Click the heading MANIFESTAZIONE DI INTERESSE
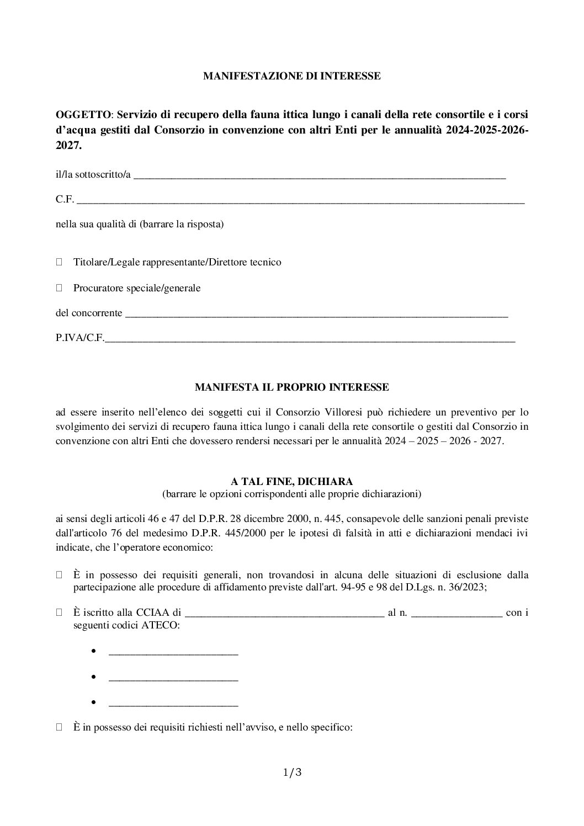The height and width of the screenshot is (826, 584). point(291,76)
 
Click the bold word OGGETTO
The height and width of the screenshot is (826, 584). point(83,115)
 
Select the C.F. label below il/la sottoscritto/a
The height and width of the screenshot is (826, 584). point(65,200)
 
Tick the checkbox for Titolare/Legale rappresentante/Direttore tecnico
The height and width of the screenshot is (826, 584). point(60,262)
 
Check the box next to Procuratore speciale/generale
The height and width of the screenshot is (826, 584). point(60,288)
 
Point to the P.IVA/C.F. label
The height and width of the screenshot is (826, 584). point(79,339)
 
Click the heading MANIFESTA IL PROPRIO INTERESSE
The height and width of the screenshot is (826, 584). point(291,387)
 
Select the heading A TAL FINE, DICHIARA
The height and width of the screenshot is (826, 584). point(291,482)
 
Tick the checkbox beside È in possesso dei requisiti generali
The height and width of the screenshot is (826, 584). point(60,575)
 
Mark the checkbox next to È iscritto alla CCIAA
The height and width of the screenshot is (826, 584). point(60,612)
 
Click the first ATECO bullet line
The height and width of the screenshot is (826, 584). point(173,654)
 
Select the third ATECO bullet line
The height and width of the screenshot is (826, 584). point(173,705)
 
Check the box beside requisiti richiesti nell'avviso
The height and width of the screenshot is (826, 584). point(60,728)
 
